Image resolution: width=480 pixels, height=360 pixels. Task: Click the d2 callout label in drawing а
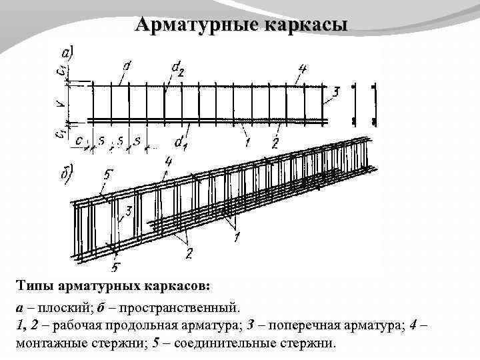pyautogui.click(x=177, y=67)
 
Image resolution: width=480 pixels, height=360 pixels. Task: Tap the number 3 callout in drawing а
pyautogui.click(x=336, y=93)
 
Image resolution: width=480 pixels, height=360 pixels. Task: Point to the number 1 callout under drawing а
pyautogui.click(x=247, y=141)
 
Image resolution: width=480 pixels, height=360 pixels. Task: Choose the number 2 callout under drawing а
pyautogui.click(x=275, y=141)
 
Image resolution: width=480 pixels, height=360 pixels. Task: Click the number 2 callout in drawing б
pyautogui.click(x=189, y=253)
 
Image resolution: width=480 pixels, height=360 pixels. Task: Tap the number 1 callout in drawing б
pyautogui.click(x=237, y=236)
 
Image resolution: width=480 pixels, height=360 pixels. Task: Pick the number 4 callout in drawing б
pyautogui.click(x=168, y=162)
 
